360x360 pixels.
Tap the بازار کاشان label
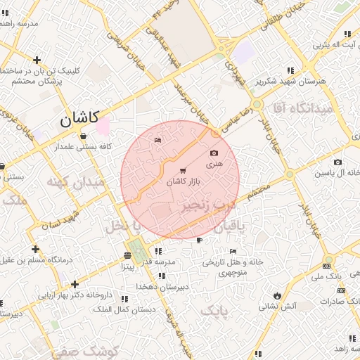[x=184, y=181]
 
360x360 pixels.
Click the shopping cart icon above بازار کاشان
[x=184, y=171]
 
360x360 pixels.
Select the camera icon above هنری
[x=214, y=153]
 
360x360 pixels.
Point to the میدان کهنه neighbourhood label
[x=75, y=182]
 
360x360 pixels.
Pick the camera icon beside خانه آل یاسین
[x=337, y=162]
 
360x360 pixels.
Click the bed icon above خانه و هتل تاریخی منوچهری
[x=233, y=252]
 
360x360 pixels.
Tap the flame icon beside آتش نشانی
[x=278, y=295]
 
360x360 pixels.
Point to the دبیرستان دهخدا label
[x=160, y=288]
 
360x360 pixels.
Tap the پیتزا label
[x=127, y=267]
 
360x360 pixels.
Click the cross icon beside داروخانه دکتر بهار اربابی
[x=75, y=284]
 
